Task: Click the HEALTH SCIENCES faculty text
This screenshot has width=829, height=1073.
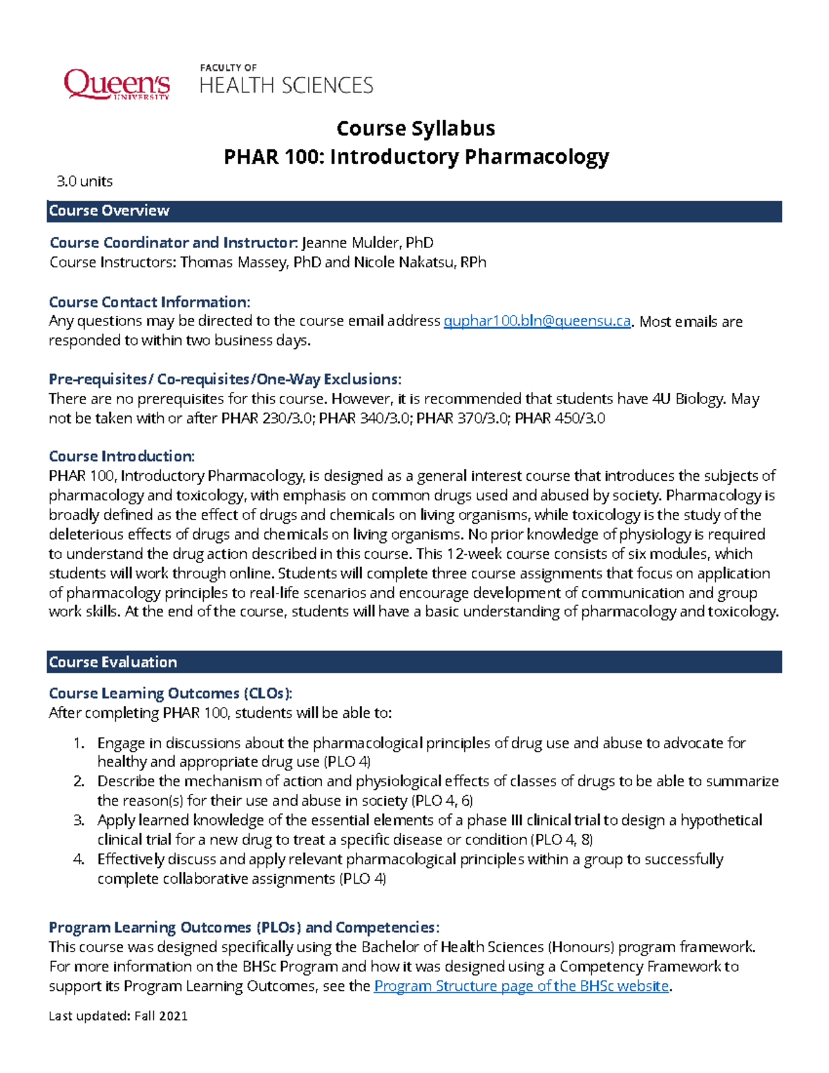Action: pos(286,85)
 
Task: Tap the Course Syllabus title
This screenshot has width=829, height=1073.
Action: pos(415,129)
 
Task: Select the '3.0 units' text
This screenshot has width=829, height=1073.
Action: pos(84,181)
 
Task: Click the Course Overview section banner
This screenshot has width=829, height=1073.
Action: pos(414,211)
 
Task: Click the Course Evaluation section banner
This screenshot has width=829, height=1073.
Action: pos(414,662)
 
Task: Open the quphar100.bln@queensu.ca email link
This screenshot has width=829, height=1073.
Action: pos(537,321)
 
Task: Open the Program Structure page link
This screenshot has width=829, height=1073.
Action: pos(521,986)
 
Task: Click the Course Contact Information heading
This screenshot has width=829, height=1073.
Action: pos(149,302)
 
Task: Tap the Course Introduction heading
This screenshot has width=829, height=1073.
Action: pos(122,456)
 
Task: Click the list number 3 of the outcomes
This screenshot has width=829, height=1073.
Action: pos(79,820)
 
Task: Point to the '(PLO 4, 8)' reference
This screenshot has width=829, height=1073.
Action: pos(562,840)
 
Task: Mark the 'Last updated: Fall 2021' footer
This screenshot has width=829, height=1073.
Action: pos(118,1016)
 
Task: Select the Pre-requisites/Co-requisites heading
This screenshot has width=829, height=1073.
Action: pos(225,379)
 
